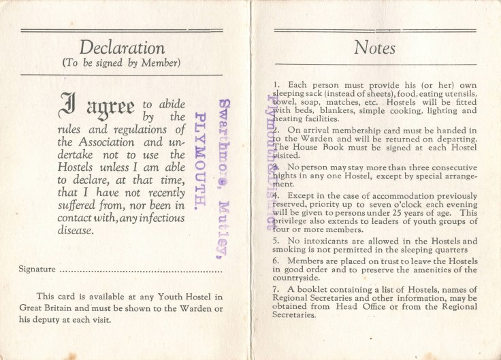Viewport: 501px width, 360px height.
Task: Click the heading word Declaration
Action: (x=122, y=48)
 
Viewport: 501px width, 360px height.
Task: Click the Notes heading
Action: (x=374, y=48)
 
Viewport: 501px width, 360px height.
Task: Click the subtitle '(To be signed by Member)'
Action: (x=122, y=64)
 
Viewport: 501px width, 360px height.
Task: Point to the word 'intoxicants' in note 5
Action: (x=313, y=240)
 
